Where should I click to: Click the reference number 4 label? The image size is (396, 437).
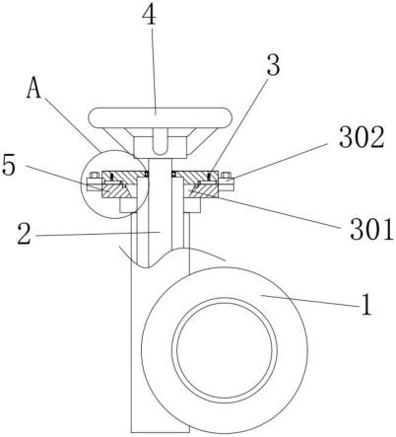point(150,15)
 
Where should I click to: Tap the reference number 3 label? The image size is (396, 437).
point(273,65)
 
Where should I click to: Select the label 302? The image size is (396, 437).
point(362,137)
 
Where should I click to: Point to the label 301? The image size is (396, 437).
point(371,229)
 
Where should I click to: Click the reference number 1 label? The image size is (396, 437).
point(366,305)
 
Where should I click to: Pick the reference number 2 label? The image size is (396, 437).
point(25,233)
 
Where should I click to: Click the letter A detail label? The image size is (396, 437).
point(33,88)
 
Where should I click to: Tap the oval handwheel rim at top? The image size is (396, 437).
point(161,117)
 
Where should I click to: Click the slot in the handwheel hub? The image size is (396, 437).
point(160,141)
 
